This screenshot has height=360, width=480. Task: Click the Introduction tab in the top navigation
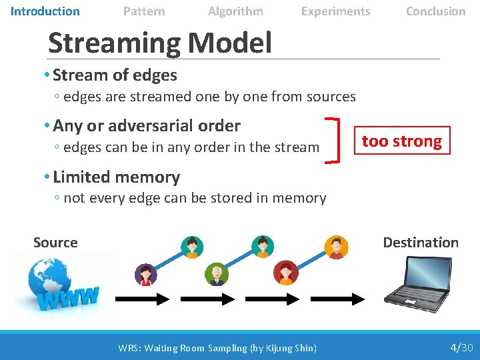coord(45,11)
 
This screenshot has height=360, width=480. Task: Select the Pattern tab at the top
coord(144,11)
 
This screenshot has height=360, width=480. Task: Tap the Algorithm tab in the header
coord(235,11)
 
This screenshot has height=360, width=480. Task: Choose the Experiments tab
coord(335,11)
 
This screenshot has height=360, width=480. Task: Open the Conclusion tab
coord(435,11)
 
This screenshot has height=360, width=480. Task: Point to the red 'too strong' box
coord(402,141)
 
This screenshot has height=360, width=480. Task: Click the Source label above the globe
coord(55,243)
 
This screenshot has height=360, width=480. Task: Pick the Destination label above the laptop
coord(421,243)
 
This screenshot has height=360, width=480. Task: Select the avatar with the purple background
coord(145,274)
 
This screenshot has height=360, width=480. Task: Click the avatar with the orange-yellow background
coord(335,247)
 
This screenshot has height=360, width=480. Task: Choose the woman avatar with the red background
coord(285,273)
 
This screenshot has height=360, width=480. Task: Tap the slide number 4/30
coord(461,347)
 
